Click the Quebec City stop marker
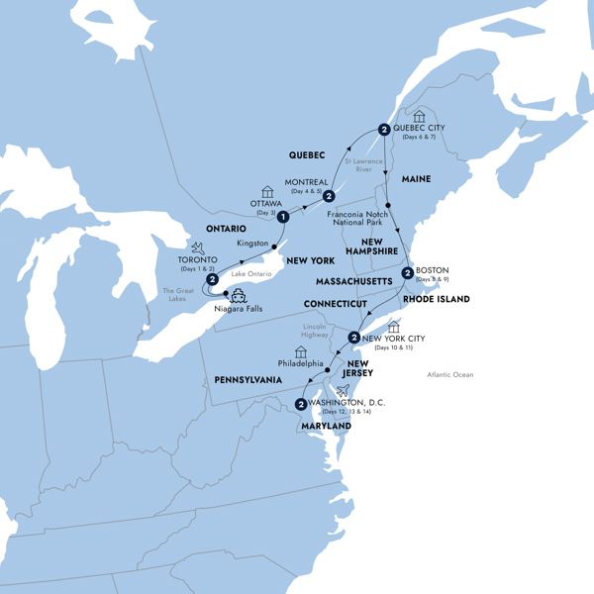point(382,129)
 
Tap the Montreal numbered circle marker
point(328,197)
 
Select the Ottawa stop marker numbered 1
point(283,217)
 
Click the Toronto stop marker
point(212,280)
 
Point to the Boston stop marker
point(407,273)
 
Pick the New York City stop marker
point(353,338)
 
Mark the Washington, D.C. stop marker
point(299,403)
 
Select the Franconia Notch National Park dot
point(389,206)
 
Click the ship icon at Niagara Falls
point(239,294)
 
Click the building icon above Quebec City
point(419,117)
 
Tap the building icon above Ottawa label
point(267,192)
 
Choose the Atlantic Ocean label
point(450,374)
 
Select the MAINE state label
point(416,179)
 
